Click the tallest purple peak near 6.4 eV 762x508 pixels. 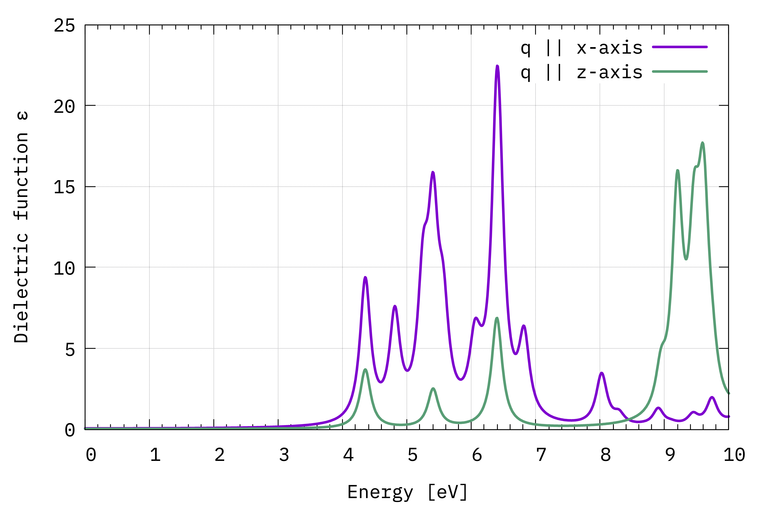[497, 66]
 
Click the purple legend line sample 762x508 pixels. [680, 47]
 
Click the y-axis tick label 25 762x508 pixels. [64, 25]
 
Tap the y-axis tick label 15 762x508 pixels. [64, 187]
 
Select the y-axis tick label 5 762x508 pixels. [70, 349]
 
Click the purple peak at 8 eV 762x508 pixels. [602, 373]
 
